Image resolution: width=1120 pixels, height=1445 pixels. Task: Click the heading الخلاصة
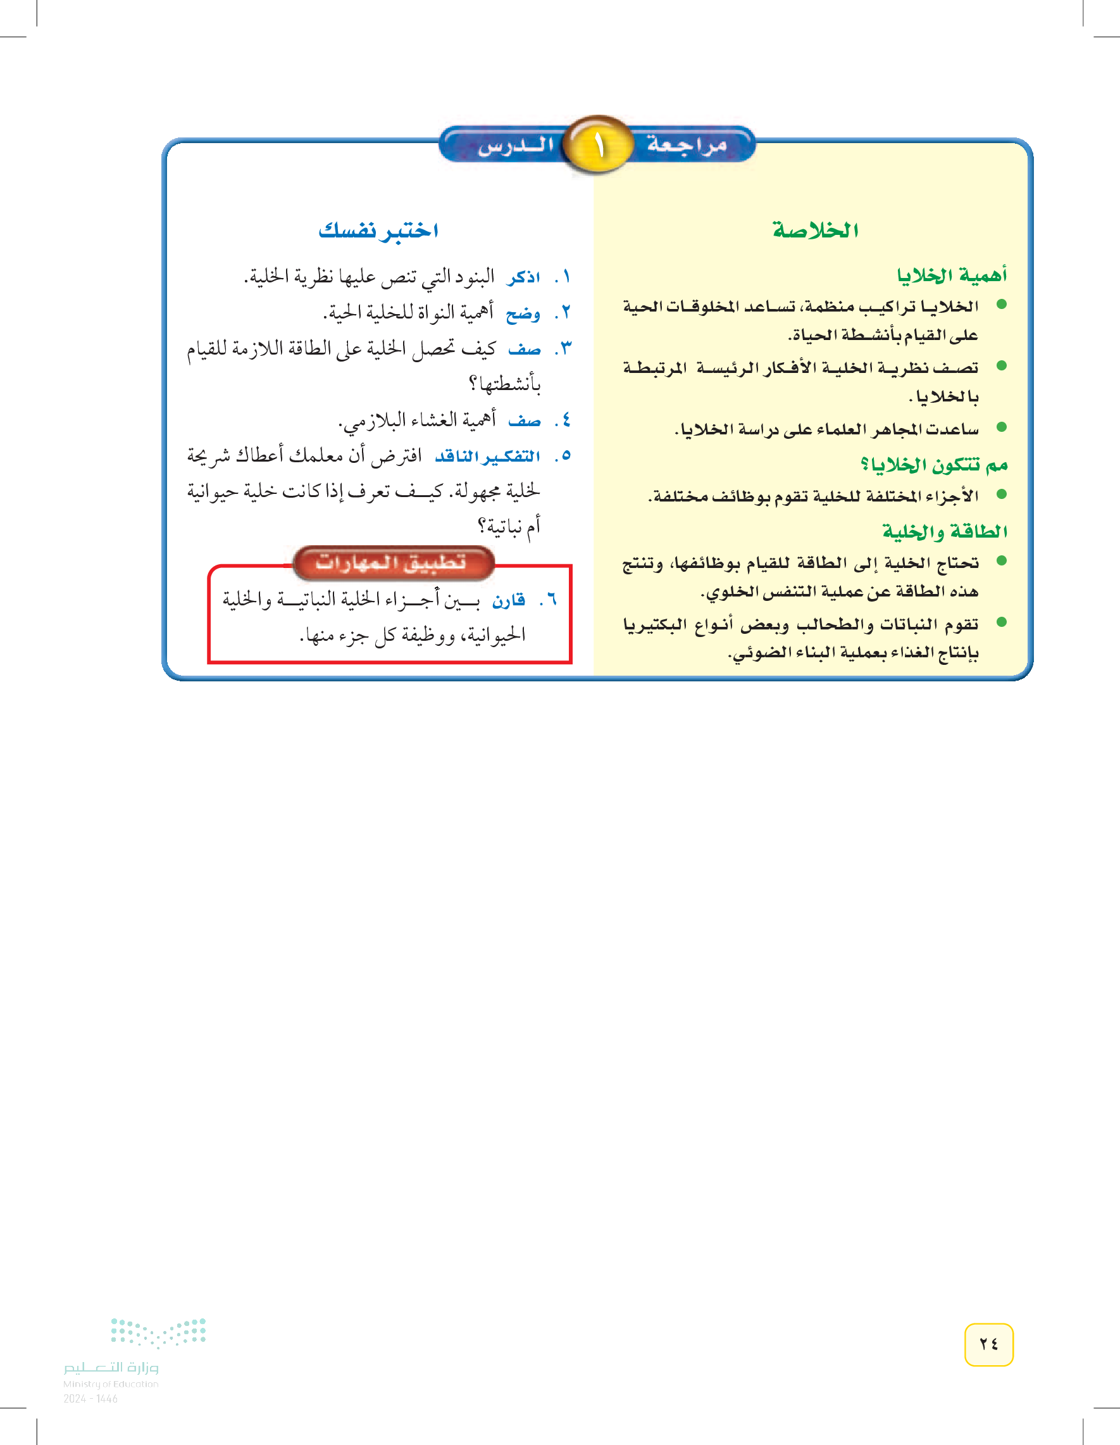click(x=815, y=230)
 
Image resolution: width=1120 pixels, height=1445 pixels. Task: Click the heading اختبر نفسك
click(x=378, y=230)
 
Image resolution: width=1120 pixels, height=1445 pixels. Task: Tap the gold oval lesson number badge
click(x=599, y=144)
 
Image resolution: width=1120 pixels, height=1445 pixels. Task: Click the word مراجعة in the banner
click(x=687, y=144)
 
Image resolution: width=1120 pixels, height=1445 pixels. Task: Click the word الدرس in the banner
click(x=516, y=145)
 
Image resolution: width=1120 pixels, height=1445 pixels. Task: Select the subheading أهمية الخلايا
click(x=952, y=275)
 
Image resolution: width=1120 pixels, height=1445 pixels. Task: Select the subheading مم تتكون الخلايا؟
click(x=933, y=465)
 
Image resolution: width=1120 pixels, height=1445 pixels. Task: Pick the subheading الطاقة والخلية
click(x=945, y=531)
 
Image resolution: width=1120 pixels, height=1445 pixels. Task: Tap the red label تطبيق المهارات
click(x=392, y=562)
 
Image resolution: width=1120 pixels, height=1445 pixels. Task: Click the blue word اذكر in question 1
click(x=524, y=277)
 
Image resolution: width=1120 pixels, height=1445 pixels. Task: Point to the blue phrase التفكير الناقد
click(x=487, y=456)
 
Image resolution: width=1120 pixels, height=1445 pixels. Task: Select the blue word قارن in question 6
click(x=509, y=600)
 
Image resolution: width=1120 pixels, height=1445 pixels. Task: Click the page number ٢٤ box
click(x=988, y=1344)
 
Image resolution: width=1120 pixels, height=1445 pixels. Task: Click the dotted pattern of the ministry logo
click(x=159, y=1332)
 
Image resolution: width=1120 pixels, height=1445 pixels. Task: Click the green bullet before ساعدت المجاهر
click(x=1002, y=427)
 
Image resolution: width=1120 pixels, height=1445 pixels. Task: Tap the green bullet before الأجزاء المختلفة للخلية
click(x=1002, y=493)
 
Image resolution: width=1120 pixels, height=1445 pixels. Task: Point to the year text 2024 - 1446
click(x=90, y=1399)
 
